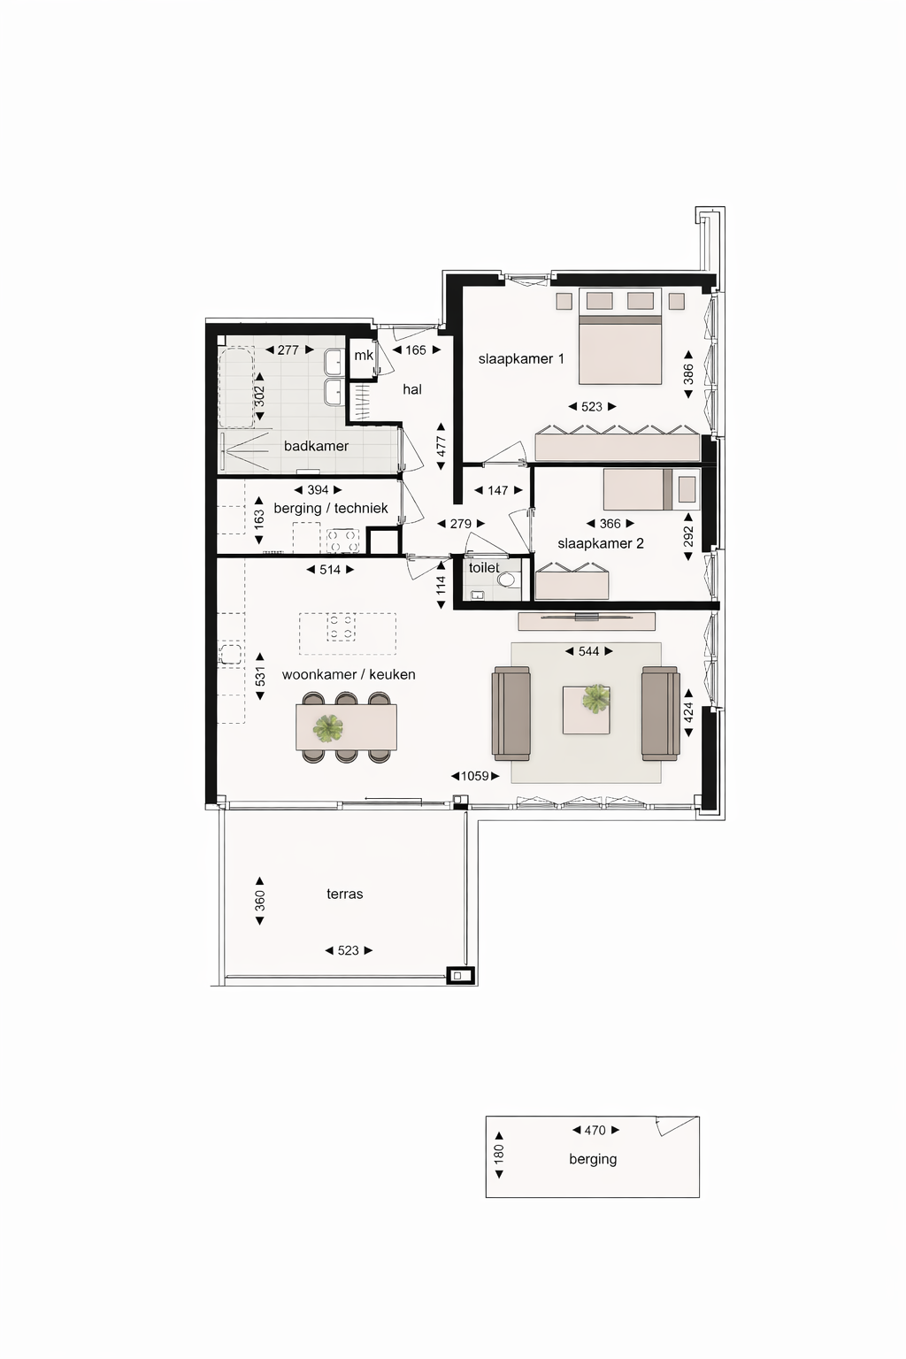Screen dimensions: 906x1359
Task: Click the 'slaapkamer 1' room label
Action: click(x=521, y=359)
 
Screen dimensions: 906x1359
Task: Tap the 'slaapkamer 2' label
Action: click(x=601, y=543)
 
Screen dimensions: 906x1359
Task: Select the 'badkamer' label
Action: click(x=316, y=446)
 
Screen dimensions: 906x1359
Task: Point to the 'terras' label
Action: click(x=345, y=894)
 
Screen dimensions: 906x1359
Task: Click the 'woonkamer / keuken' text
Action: click(x=349, y=675)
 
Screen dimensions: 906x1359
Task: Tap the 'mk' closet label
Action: click(x=364, y=356)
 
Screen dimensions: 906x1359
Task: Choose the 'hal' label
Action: click(x=412, y=389)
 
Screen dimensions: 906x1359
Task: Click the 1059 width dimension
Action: click(x=475, y=776)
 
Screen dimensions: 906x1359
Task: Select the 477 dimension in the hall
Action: click(x=441, y=446)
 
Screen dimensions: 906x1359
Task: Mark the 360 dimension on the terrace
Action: click(x=260, y=901)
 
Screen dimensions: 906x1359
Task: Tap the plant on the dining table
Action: click(x=328, y=728)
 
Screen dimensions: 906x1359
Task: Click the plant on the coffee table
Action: click(x=596, y=700)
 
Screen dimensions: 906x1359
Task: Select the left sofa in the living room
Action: click(x=511, y=713)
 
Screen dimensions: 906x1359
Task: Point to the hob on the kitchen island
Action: click(x=341, y=628)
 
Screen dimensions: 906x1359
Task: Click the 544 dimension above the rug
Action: click(x=589, y=651)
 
